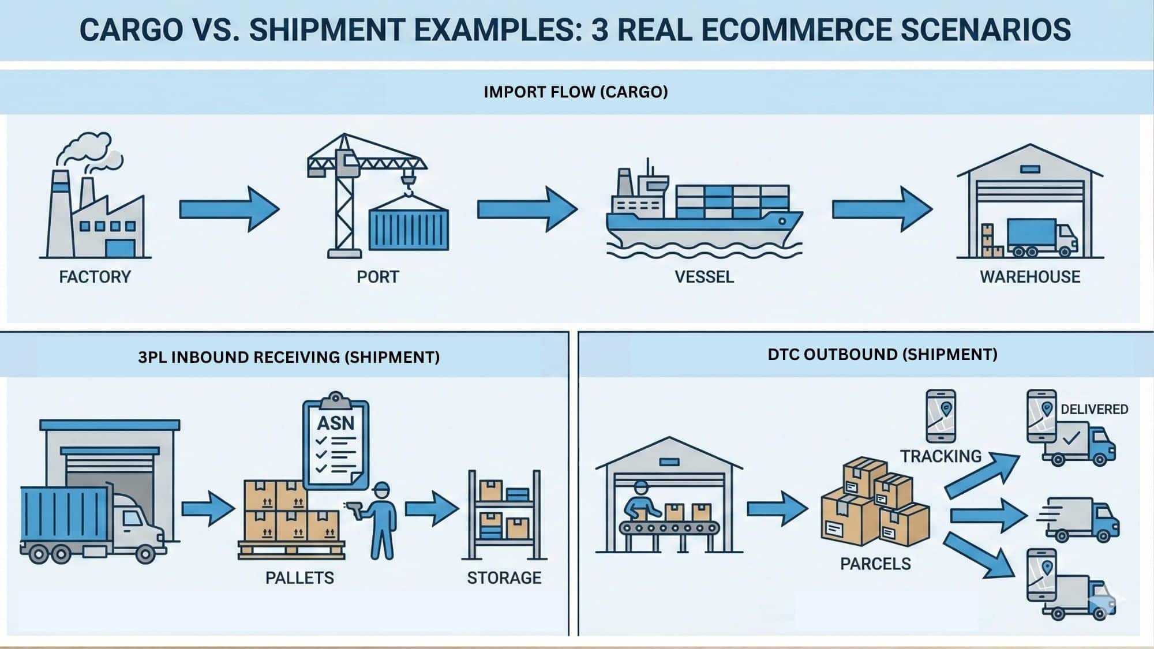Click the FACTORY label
(x=95, y=277)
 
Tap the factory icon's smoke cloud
(x=87, y=147)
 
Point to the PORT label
(x=377, y=277)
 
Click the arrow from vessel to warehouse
(x=881, y=209)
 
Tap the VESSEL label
(x=704, y=277)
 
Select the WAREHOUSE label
(x=1029, y=277)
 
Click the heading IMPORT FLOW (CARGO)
(x=575, y=92)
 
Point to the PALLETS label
(x=299, y=577)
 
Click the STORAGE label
(x=504, y=577)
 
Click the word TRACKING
(x=941, y=456)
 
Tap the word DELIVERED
(x=1094, y=409)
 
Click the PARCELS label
(x=875, y=564)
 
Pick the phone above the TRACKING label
(x=941, y=416)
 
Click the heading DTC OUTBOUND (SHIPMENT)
(x=882, y=354)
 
